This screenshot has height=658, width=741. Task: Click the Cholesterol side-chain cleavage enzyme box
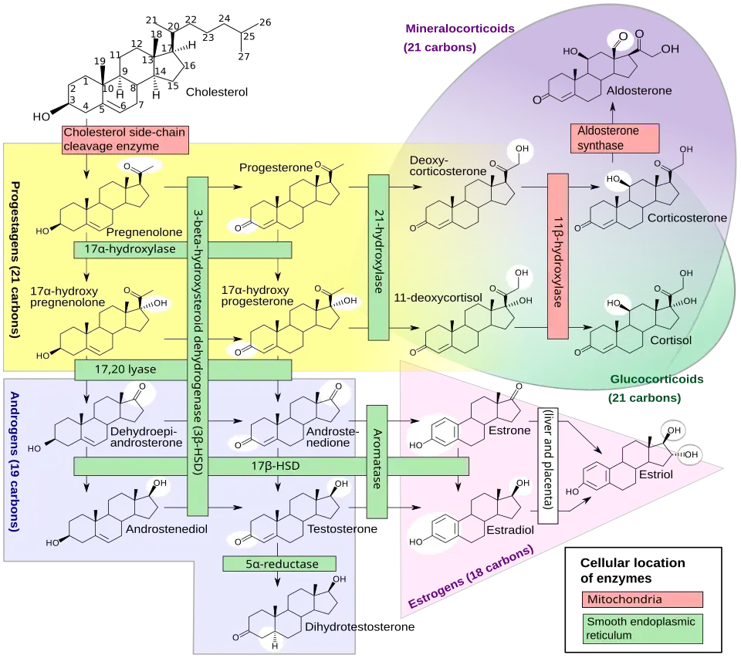pyautogui.click(x=125, y=139)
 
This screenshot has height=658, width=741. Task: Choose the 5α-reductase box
pyautogui.click(x=281, y=564)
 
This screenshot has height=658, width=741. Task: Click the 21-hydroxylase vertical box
pyautogui.click(x=378, y=258)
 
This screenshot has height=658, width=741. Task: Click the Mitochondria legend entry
pyautogui.click(x=641, y=599)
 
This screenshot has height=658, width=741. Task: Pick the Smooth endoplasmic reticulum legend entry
pyautogui.click(x=641, y=628)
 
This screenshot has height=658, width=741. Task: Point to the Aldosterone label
pyautogui.click(x=639, y=90)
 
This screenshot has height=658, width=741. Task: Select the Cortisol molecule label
pyautogui.click(x=669, y=339)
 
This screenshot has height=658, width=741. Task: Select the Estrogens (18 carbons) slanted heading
pyautogui.click(x=470, y=578)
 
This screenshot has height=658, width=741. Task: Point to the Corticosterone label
pyautogui.click(x=687, y=218)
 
